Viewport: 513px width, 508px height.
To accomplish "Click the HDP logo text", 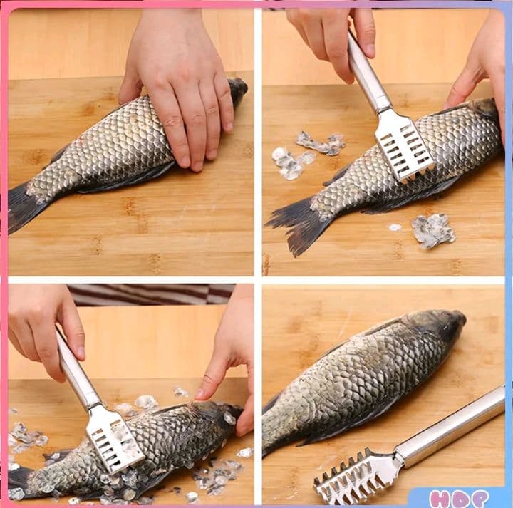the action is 459,499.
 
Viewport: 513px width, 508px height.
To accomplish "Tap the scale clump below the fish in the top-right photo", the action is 432,231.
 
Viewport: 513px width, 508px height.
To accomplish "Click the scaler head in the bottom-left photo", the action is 114,439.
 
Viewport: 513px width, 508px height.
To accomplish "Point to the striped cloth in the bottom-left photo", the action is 151,294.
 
